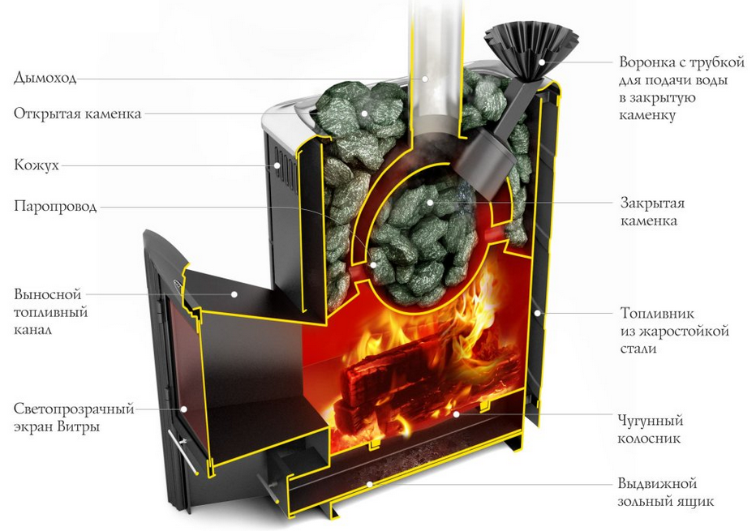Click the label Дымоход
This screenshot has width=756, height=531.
[x=45, y=77]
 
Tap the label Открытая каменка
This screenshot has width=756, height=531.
[x=78, y=113]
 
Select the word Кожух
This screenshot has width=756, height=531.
[x=37, y=165]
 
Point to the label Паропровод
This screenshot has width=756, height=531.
[x=55, y=206]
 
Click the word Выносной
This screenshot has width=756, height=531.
[x=47, y=294]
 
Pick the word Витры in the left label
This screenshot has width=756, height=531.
[x=78, y=427]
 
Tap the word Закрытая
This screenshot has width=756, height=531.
[x=652, y=203]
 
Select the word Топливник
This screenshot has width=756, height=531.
[x=657, y=313]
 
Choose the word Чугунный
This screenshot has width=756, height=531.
[x=651, y=421]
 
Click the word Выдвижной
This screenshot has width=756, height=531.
[x=658, y=483]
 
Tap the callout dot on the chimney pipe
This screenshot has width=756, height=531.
[x=425, y=78]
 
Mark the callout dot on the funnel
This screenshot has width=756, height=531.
[x=542, y=62]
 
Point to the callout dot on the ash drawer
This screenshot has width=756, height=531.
[x=369, y=484]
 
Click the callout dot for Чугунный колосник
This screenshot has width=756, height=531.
[x=456, y=413]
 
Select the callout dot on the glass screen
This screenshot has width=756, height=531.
[x=183, y=409]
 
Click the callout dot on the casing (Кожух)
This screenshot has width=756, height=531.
[x=277, y=165]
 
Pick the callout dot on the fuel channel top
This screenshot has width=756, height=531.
[x=234, y=293]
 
